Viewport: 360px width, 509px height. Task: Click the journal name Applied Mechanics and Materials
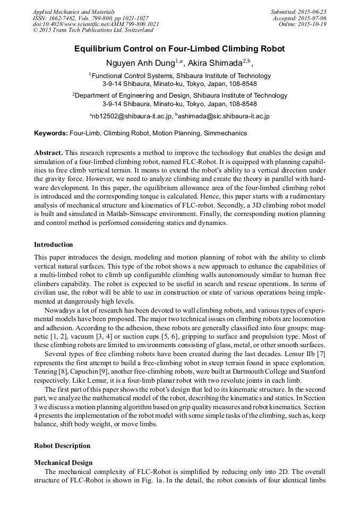click(74, 11)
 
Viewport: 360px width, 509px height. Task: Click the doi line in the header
click(96, 24)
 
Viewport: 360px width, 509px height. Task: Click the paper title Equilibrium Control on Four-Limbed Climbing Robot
click(179, 49)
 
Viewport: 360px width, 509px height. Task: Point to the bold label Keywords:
click(51, 133)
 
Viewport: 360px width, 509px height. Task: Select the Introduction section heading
click(54, 245)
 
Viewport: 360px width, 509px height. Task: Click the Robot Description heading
click(62, 446)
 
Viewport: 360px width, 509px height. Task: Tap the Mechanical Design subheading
click(63, 462)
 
